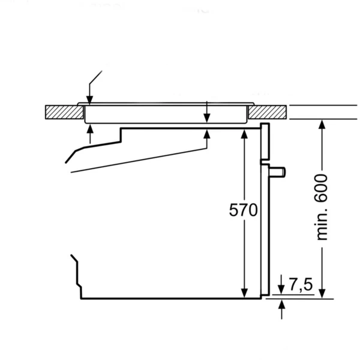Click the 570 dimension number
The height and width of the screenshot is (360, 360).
[244, 209]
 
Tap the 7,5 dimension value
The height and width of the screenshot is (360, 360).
[301, 284]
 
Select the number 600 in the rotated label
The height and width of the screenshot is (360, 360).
[322, 188]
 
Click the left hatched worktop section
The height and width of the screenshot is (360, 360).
[64, 112]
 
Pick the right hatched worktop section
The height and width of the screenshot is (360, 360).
[268, 112]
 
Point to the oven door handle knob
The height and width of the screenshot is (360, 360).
[277, 172]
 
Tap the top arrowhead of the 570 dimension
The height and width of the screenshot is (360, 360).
[244, 134]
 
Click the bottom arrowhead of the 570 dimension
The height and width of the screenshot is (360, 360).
[244, 293]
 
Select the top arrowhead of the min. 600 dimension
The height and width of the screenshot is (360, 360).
[322, 124]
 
